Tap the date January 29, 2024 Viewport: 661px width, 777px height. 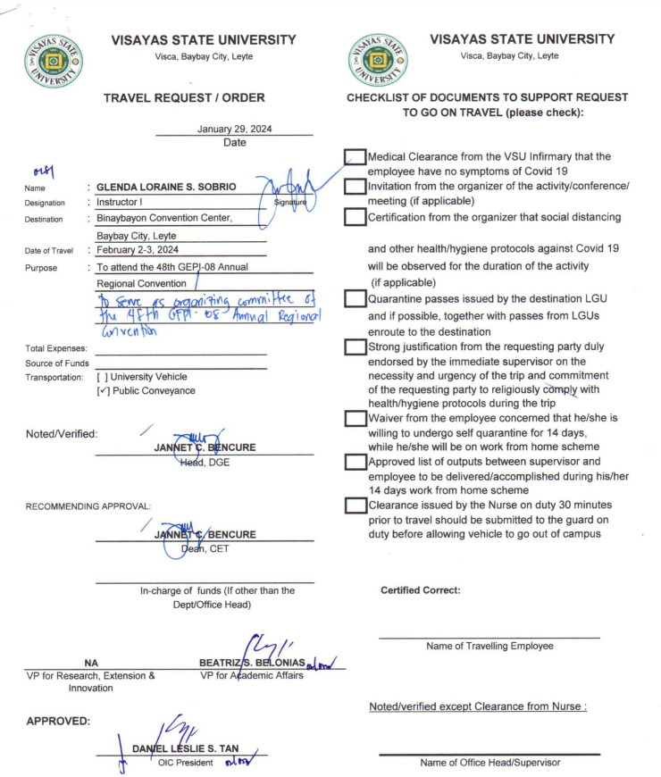pos(234,129)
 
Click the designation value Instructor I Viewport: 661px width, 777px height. pos(123,204)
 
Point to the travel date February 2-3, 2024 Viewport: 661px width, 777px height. pos(138,251)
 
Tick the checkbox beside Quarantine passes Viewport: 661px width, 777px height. pos(356,300)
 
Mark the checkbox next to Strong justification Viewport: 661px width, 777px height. pos(356,347)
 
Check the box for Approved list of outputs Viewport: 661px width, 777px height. pos(356,463)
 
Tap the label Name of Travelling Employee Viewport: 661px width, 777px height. pos(489,646)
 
